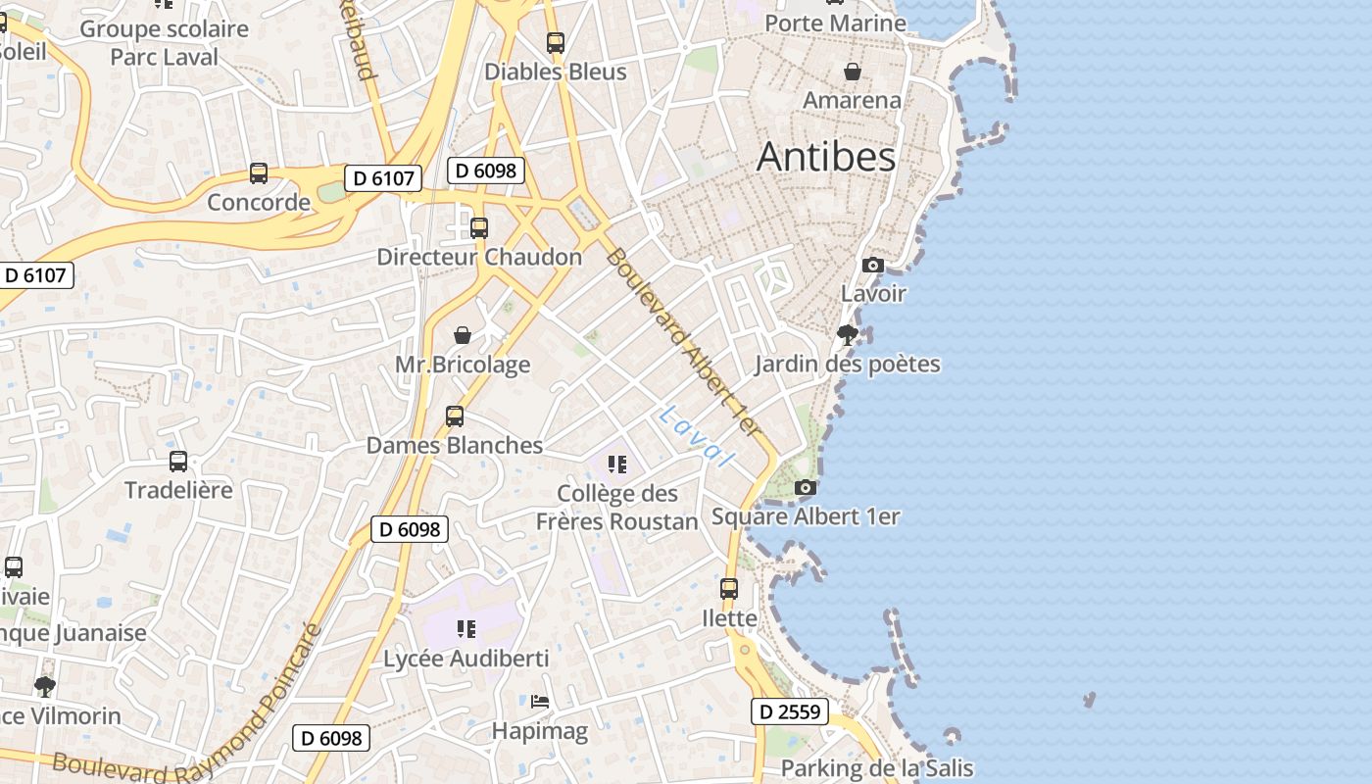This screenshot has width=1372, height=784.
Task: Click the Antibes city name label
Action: [826, 157]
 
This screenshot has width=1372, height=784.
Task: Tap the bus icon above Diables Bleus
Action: [556, 43]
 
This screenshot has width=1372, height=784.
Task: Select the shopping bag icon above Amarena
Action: [853, 72]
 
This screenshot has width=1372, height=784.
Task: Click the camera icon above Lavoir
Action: [872, 265]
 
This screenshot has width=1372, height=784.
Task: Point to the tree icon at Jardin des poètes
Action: [848, 335]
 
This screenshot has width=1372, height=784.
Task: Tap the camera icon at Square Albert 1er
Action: [805, 487]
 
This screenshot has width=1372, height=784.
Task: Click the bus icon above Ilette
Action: [729, 588]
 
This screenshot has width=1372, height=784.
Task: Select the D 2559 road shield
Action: [790, 711]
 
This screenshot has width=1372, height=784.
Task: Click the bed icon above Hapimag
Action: [540, 702]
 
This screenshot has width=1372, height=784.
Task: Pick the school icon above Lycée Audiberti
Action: [466, 628]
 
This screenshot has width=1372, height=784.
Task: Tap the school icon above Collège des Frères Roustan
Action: [616, 464]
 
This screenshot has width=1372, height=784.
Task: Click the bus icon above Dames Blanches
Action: [455, 416]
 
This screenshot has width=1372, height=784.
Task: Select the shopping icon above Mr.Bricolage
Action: [463, 335]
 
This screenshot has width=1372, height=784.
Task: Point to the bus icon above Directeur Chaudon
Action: [479, 227]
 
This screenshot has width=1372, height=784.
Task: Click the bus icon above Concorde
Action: [259, 173]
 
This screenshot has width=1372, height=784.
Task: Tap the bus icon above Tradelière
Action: [178, 461]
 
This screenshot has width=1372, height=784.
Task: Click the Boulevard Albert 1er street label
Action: [683, 343]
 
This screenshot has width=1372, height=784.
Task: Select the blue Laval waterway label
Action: [696, 436]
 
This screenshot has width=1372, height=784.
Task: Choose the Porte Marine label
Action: [835, 23]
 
